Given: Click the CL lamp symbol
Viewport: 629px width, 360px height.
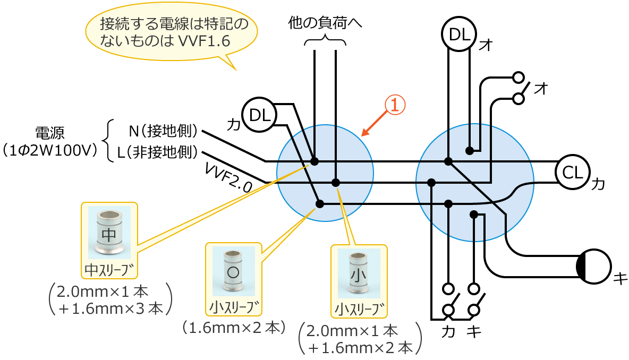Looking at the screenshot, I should point(572,172).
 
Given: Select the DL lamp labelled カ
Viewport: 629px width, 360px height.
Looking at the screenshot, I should point(259,114).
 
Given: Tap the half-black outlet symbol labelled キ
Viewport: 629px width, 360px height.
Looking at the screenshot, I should point(594,267).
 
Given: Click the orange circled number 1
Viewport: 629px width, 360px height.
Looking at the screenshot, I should point(395,105).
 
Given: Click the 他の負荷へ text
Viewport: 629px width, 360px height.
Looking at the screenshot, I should point(325,23).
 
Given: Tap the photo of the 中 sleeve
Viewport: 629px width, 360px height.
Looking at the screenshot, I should point(109,232).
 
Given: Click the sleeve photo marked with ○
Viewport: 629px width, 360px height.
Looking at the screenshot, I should point(233,272).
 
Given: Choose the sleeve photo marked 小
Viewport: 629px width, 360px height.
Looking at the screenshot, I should point(359,274).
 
